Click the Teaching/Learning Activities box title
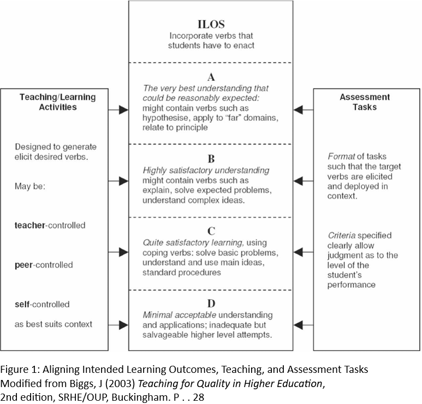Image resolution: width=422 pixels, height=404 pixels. [x=57, y=102]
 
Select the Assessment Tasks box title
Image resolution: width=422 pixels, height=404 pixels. [x=365, y=102]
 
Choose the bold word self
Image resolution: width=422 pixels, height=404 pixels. [x=22, y=304]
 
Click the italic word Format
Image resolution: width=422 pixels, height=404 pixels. [x=340, y=157]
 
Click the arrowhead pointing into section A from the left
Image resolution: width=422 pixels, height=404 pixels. [x=123, y=110]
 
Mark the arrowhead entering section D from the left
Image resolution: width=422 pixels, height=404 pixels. [x=123, y=325]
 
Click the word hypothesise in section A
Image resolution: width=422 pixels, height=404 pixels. [x=167, y=117]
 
